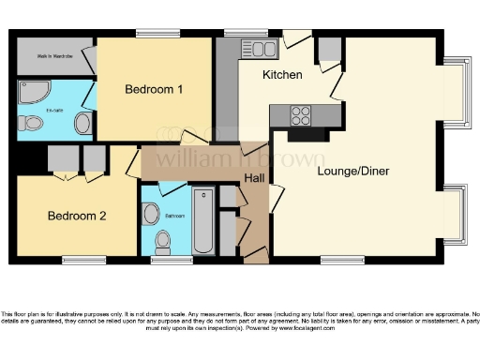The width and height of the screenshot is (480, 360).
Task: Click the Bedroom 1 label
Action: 154,89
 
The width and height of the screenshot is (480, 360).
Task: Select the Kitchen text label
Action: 281,74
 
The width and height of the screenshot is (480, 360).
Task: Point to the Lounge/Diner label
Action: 353,171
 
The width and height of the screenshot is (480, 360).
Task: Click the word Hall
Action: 254,177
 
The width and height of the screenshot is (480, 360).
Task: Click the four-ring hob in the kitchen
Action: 303,115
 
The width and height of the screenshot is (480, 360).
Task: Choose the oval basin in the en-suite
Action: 82,124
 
